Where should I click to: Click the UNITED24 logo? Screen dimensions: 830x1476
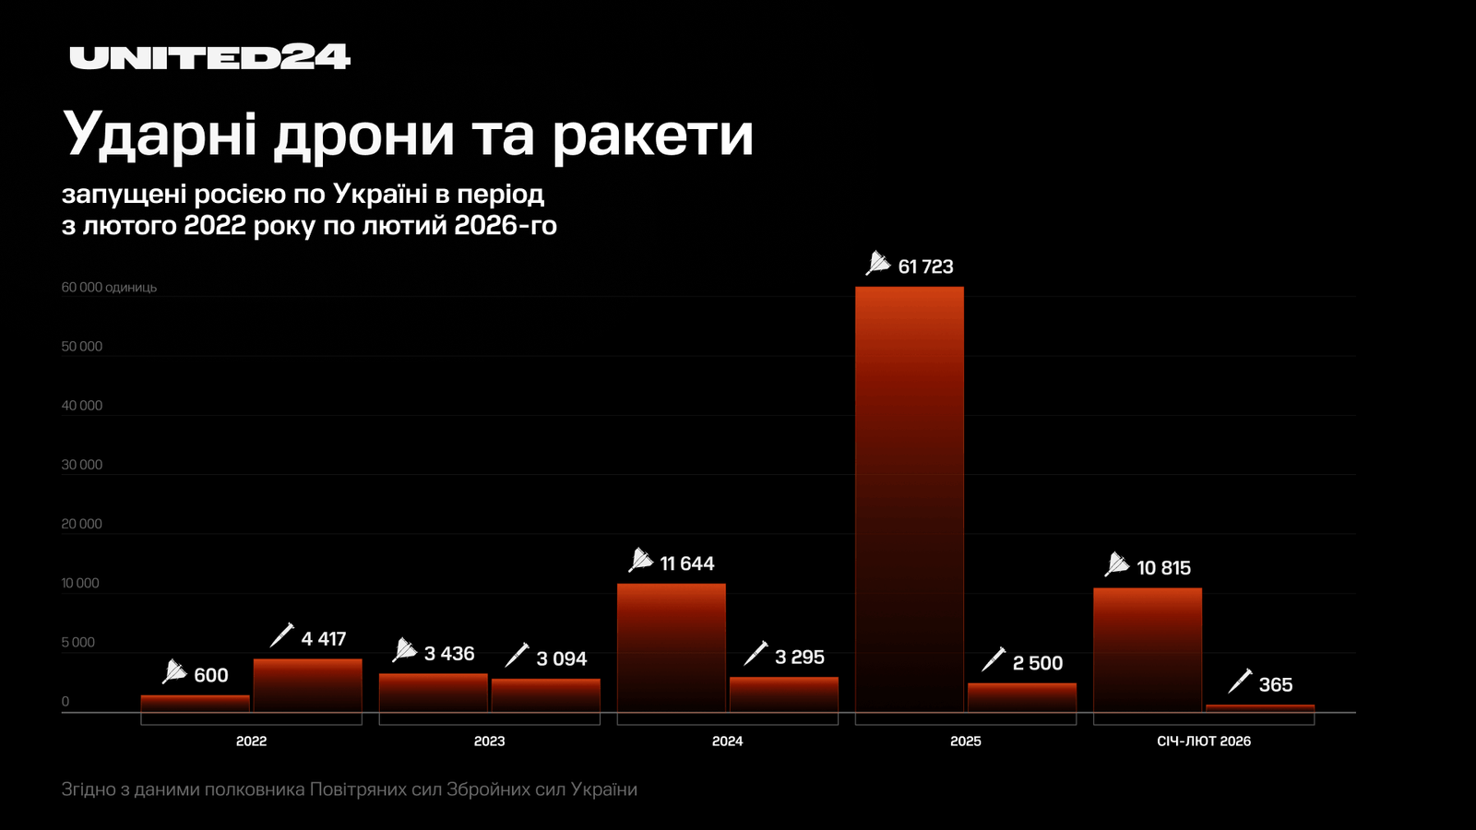(210, 57)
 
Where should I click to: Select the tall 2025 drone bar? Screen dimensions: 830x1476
(909, 498)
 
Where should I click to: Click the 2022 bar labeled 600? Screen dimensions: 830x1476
(195, 704)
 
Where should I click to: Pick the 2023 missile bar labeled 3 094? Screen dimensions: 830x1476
(545, 695)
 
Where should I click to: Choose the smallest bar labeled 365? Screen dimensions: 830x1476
(1259, 708)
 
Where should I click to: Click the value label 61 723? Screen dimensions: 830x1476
(925, 267)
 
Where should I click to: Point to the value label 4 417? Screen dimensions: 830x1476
(323, 638)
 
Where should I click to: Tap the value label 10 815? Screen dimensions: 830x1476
(1163, 568)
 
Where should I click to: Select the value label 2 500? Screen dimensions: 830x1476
(1037, 663)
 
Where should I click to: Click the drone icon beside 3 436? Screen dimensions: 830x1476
(404, 650)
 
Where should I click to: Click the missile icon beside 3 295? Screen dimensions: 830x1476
(756, 653)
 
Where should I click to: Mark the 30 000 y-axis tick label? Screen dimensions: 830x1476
(82, 465)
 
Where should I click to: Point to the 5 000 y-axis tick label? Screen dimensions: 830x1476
(78, 643)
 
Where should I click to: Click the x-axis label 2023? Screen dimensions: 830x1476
(489, 741)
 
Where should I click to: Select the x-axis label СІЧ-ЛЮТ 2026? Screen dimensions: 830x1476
(1204, 741)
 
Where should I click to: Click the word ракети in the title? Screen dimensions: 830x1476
(653, 135)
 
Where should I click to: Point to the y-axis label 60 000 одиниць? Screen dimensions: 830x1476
(109, 288)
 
